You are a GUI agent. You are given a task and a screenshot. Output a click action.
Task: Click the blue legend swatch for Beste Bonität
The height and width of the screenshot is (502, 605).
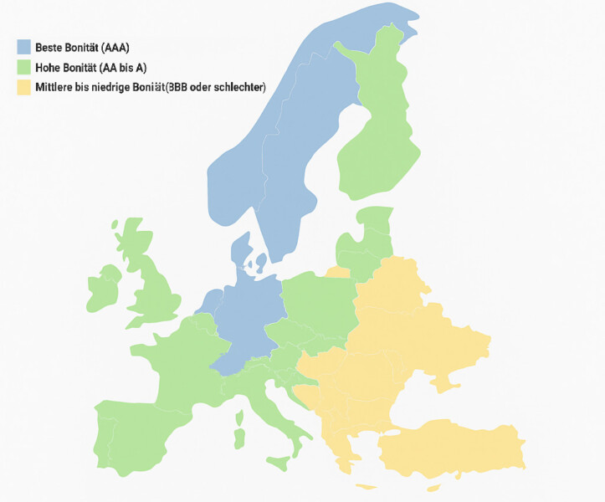(x=23, y=47)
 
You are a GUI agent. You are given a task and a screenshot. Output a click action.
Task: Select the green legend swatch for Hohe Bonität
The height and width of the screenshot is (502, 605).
(x=23, y=67)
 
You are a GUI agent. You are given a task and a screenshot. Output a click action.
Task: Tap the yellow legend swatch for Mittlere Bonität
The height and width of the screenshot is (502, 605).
(x=23, y=87)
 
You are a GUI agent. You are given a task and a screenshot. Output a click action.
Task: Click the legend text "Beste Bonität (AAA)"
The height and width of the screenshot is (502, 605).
(x=82, y=47)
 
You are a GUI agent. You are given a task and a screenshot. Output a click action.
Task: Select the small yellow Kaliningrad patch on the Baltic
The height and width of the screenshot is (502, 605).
(x=338, y=272)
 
